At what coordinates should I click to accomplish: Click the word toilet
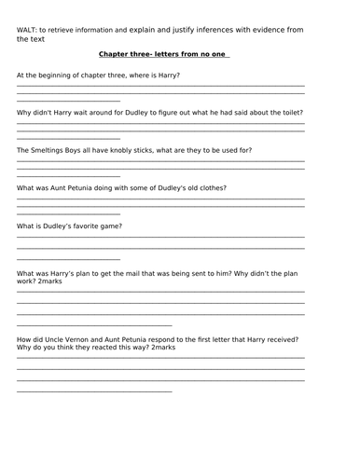tap(289, 113)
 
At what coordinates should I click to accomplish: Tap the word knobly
tap(137, 150)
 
